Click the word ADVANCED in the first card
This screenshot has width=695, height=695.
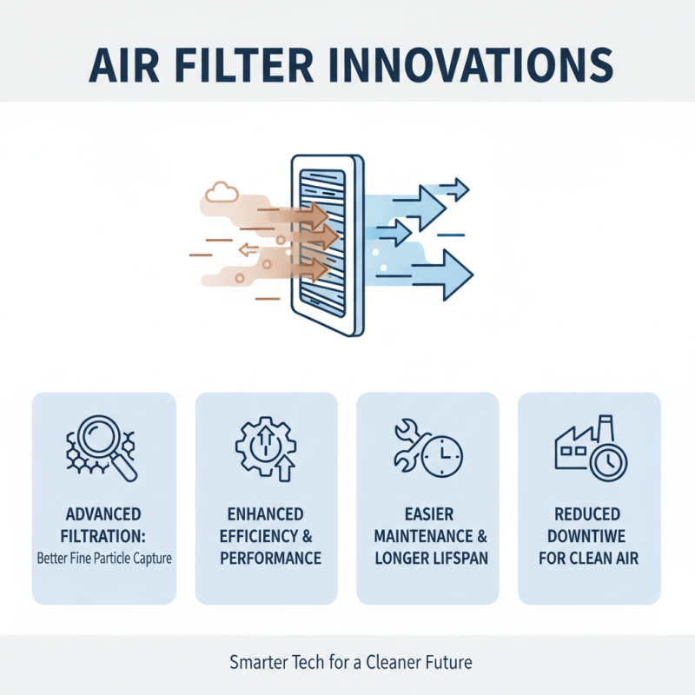[x=103, y=515]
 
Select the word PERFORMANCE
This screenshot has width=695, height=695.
[x=266, y=557]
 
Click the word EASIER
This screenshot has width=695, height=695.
[x=427, y=515]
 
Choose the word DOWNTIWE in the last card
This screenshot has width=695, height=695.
[x=588, y=536]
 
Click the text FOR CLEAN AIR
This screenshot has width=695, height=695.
[x=588, y=557]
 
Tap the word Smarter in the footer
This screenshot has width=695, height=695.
[x=260, y=663]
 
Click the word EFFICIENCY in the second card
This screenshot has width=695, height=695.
[x=256, y=536]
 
